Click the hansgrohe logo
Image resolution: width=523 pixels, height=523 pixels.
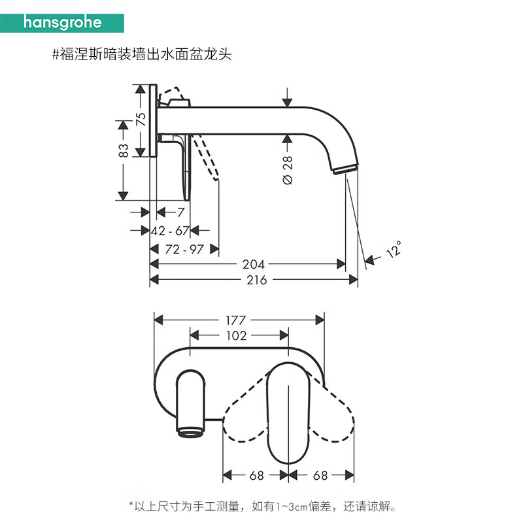click(x=63, y=22)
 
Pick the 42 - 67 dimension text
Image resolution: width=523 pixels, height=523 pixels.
click(x=170, y=230)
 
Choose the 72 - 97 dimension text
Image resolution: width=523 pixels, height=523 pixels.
click(x=184, y=249)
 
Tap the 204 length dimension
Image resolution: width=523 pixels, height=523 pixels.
click(x=254, y=264)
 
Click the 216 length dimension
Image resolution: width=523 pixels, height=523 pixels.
click(x=257, y=280)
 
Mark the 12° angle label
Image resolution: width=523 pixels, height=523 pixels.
click(x=393, y=249)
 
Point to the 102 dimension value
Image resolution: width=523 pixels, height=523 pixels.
click(x=236, y=335)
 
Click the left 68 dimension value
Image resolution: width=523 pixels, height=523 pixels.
click(x=257, y=475)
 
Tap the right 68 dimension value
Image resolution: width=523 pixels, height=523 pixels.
click(x=321, y=475)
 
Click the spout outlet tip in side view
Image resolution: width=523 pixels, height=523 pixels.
click(x=345, y=170)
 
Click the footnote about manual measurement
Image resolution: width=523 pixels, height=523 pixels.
click(x=262, y=505)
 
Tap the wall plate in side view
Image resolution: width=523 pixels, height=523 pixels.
click(x=153, y=121)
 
